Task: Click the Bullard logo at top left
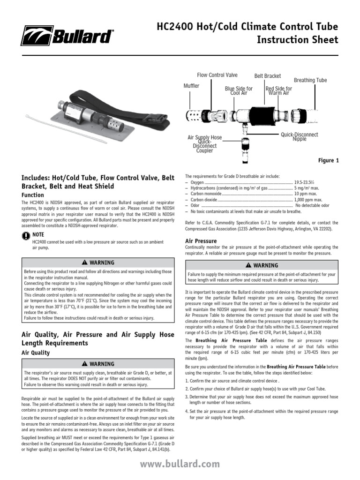(67, 36)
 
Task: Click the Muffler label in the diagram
(191, 86)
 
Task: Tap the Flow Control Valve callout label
(217, 75)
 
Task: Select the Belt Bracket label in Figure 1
(267, 76)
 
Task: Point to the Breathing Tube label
(310, 80)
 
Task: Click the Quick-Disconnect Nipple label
(299, 136)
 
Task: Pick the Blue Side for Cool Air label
(239, 90)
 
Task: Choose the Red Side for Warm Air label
(278, 90)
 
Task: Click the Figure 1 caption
(328, 161)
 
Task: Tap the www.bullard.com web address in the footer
(180, 464)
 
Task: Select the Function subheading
(33, 195)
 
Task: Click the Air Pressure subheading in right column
(201, 241)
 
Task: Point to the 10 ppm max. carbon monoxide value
(306, 193)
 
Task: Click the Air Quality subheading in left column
(36, 352)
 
